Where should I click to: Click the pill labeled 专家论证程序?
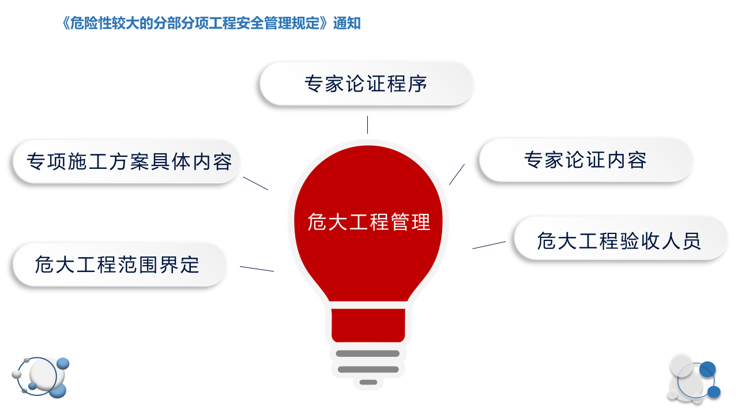(x=366, y=84)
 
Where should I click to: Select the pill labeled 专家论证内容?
(x=585, y=160)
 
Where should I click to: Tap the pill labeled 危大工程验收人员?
(x=619, y=240)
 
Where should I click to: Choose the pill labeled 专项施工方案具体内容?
(x=127, y=162)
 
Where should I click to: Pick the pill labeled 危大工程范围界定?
(x=118, y=265)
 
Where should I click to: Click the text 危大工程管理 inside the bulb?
(x=369, y=222)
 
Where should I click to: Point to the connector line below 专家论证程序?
(x=367, y=124)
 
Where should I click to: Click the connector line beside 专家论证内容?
(x=457, y=174)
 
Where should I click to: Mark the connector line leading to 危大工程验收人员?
(x=489, y=245)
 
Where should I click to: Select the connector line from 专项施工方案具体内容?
(x=255, y=183)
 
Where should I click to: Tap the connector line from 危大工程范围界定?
(x=257, y=269)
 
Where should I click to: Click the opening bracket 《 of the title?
(x=65, y=24)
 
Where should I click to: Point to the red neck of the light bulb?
(x=368, y=324)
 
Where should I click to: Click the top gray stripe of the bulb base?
(x=368, y=353)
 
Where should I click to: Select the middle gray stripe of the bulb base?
(x=368, y=369)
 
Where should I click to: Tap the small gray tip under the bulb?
(x=368, y=382)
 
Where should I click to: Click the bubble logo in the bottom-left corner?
(x=40, y=378)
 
